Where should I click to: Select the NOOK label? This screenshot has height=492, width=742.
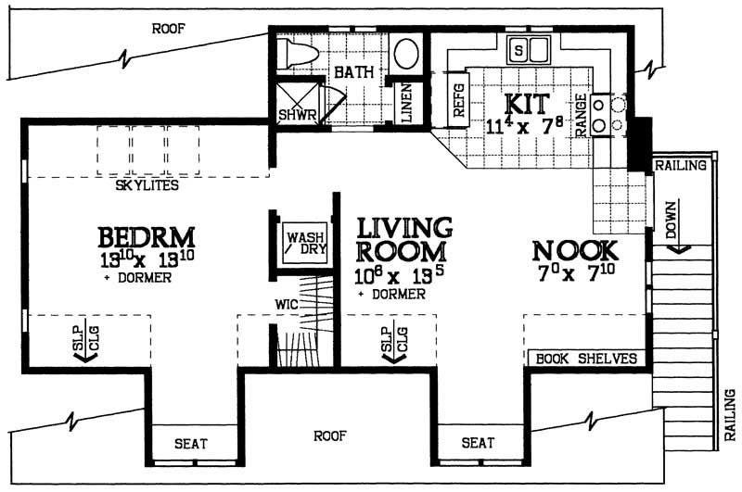575,250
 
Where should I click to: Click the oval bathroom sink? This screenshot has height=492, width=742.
406,53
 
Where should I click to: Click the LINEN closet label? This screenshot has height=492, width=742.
406,105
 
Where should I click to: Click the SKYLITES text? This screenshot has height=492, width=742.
147,186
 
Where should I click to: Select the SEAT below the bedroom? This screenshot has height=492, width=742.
190,444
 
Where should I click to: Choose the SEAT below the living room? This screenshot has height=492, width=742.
478,444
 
